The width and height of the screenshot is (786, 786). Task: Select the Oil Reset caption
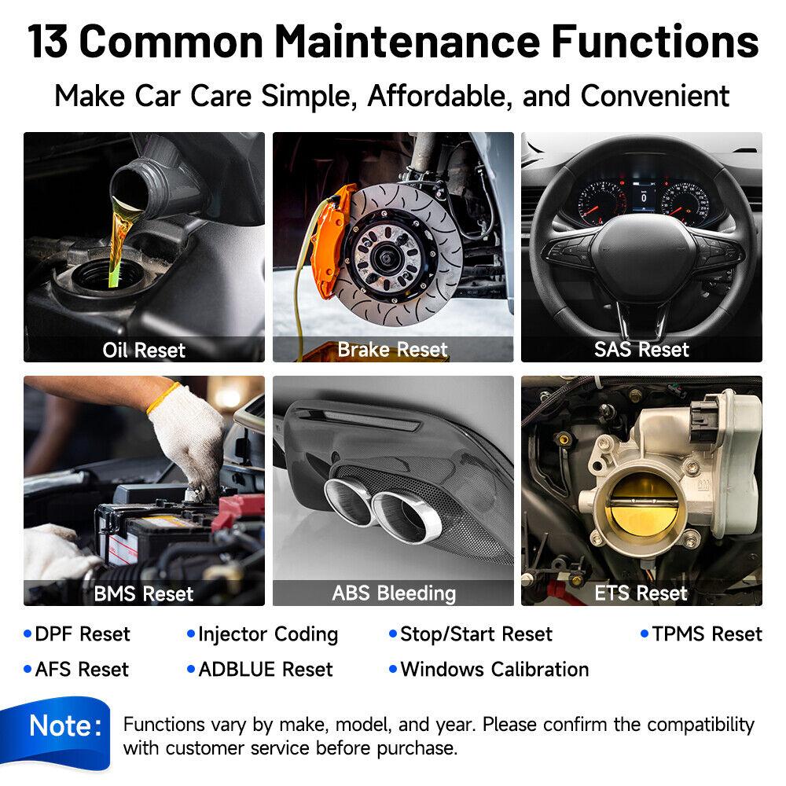(x=144, y=350)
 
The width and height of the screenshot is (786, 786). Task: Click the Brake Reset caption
(x=392, y=349)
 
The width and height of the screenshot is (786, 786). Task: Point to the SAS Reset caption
(x=641, y=349)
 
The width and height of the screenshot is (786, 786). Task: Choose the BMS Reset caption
(x=144, y=593)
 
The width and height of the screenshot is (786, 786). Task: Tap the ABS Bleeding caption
(x=393, y=593)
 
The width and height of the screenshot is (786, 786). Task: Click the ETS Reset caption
(x=641, y=593)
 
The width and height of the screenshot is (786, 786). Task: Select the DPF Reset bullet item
(x=82, y=634)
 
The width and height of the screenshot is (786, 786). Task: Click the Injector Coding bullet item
(x=267, y=634)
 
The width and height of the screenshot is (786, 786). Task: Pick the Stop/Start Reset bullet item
(x=476, y=634)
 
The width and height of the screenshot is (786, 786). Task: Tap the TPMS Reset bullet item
(x=707, y=634)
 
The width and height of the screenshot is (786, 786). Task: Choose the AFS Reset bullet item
(x=81, y=670)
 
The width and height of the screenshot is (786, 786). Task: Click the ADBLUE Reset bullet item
(x=265, y=670)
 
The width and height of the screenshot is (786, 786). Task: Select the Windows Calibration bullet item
(x=494, y=670)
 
